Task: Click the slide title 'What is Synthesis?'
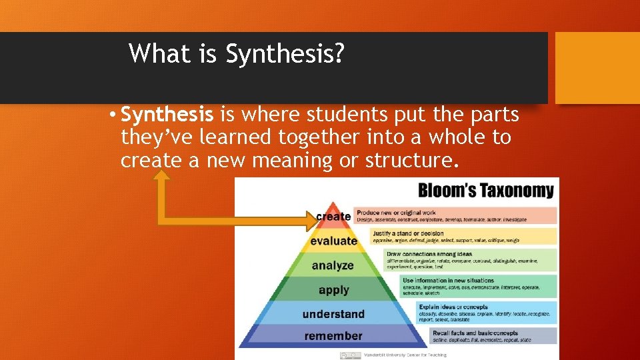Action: [237, 54]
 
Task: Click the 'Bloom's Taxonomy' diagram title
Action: [485, 191]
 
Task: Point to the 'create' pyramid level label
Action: [333, 216]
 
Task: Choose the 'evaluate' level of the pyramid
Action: [333, 241]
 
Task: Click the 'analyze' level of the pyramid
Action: [333, 265]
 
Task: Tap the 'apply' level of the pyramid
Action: [333, 290]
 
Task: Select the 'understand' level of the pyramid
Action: [333, 314]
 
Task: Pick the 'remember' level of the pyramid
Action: [333, 336]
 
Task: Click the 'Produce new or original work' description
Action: [396, 213]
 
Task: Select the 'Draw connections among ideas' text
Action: [429, 254]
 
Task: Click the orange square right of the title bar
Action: [597, 68]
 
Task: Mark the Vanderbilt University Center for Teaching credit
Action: [405, 355]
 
